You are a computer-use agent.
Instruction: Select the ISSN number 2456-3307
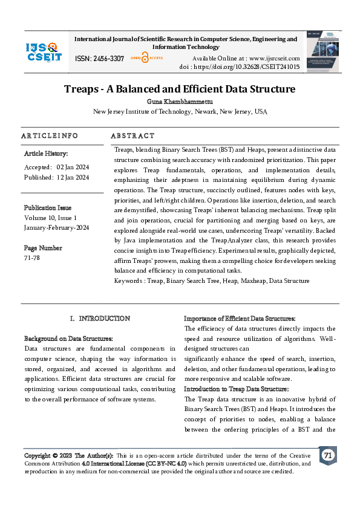point(100,59)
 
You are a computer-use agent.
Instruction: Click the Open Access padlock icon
point(145,58)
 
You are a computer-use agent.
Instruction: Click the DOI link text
point(240,66)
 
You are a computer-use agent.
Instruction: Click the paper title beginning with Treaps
point(180,89)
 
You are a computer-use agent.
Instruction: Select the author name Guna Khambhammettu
point(180,102)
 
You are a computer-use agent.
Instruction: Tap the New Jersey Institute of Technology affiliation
point(180,112)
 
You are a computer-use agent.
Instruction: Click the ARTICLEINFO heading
point(50,135)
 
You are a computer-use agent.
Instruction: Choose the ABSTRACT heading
point(133,135)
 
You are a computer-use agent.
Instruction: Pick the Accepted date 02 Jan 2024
point(56,166)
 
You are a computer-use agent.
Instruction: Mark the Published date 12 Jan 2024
point(56,177)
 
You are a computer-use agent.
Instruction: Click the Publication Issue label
point(47,207)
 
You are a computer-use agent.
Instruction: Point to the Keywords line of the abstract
point(211,280)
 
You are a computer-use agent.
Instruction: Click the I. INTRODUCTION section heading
point(100,318)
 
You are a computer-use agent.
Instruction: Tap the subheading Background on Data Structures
point(68,339)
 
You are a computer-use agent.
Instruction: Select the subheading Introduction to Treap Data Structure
point(236,389)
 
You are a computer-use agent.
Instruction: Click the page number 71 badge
point(327,455)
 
